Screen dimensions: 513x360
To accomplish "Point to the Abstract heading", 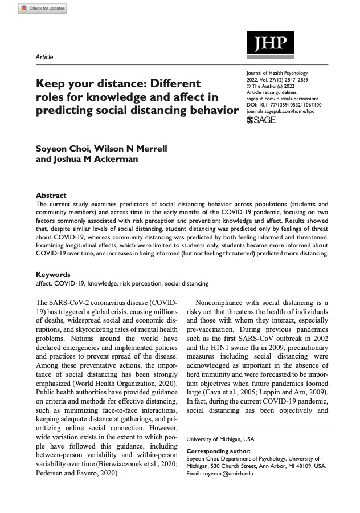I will [x=51, y=195].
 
